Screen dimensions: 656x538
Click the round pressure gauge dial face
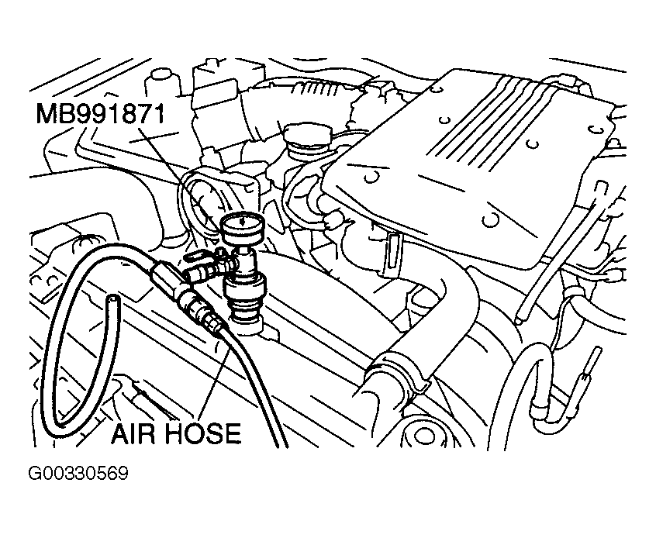(x=243, y=226)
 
